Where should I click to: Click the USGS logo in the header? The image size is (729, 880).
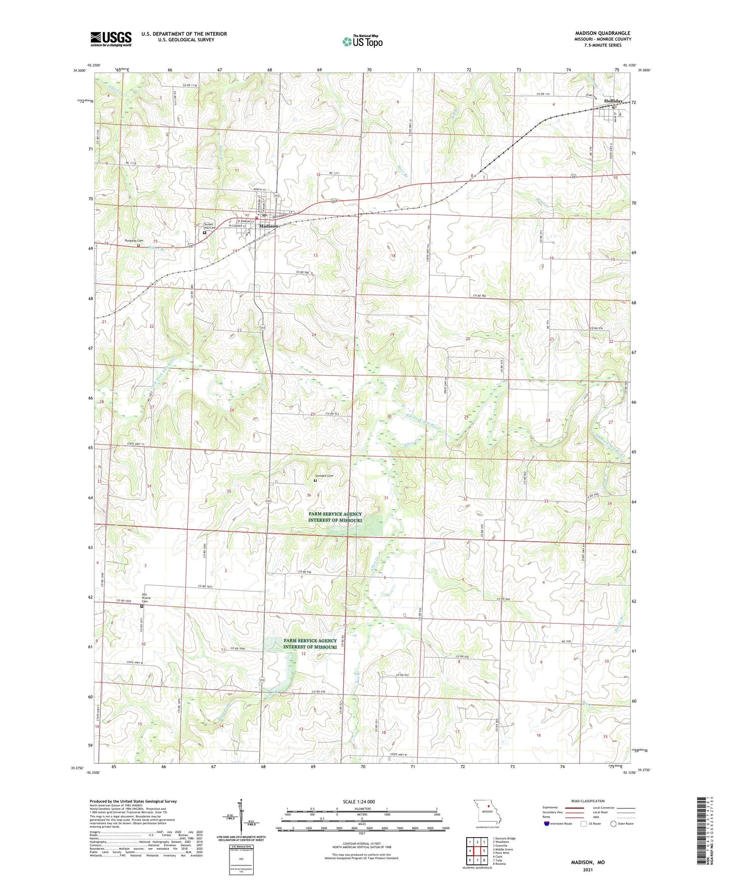(x=111, y=39)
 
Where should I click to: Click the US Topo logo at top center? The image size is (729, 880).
(x=362, y=41)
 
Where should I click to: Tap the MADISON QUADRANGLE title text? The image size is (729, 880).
(x=602, y=33)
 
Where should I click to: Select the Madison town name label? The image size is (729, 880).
(x=268, y=226)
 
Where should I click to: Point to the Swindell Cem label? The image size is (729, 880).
(x=324, y=476)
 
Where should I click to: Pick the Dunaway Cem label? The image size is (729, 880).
(x=134, y=241)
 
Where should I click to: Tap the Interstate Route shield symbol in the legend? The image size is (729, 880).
(x=547, y=824)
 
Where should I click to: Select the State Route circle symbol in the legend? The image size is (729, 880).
(x=613, y=824)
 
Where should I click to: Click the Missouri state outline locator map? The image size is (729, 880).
(x=487, y=811)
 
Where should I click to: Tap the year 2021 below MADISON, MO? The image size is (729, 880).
(x=588, y=870)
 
